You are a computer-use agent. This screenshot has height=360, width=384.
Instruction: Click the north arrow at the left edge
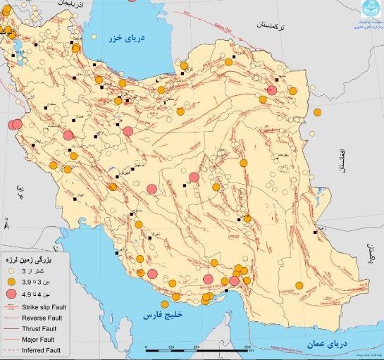[x=6, y=228]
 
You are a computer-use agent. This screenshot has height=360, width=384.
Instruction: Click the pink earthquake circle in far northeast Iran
[x=272, y=89]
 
